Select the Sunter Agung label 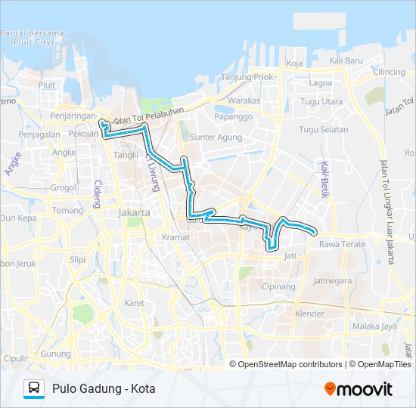pyautogui.click(x=216, y=138)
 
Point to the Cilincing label pyautogui.click(x=390, y=72)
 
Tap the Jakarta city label pyautogui.click(x=135, y=213)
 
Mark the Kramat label pyautogui.click(x=175, y=237)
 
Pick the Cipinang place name pyautogui.click(x=278, y=287)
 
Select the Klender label pyautogui.click(x=309, y=314)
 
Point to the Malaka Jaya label pyautogui.click(x=374, y=326)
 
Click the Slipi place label pyautogui.click(x=78, y=259)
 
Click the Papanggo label pyautogui.click(x=233, y=117)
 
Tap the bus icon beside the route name pyautogui.click(x=34, y=388)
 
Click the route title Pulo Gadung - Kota pyautogui.click(x=104, y=388)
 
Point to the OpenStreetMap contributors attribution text pyautogui.click(x=290, y=364)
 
